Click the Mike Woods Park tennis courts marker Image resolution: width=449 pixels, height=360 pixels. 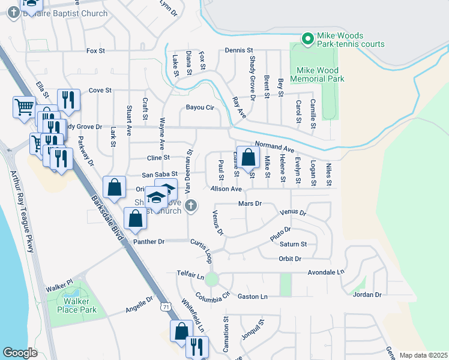pyautogui.click(x=308, y=39)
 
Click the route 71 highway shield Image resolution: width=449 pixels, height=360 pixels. pyautogui.click(x=165, y=307)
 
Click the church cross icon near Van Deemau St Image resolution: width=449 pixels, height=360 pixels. pyautogui.click(x=191, y=207)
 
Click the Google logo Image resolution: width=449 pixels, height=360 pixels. pyautogui.click(x=20, y=352)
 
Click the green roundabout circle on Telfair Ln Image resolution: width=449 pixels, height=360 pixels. pyautogui.click(x=211, y=278)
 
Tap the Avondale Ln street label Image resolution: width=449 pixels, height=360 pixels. pyautogui.click(x=325, y=272)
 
